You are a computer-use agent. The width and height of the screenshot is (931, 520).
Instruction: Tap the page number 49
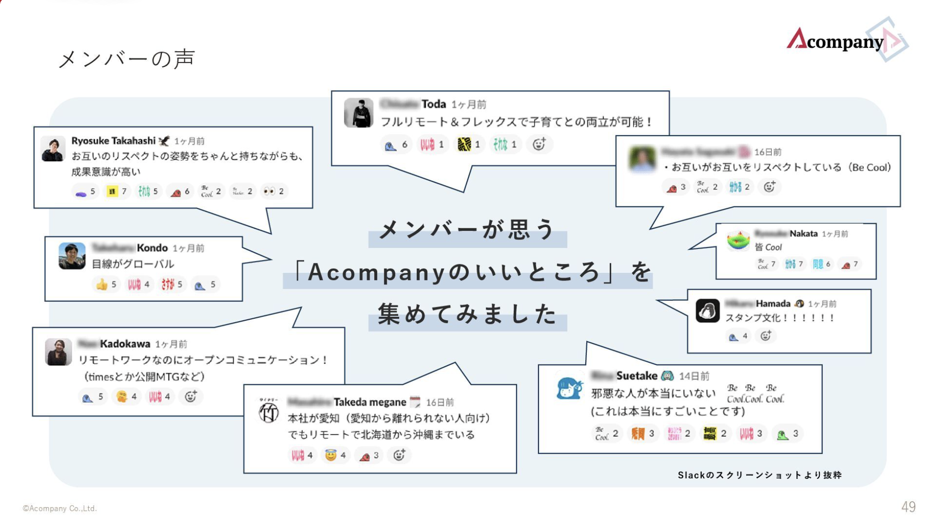click(908, 507)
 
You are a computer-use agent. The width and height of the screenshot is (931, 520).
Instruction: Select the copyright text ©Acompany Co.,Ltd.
click(60, 509)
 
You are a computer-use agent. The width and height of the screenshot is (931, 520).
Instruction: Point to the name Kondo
click(152, 248)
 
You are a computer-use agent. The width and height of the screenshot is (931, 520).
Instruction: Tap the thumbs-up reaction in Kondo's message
click(102, 285)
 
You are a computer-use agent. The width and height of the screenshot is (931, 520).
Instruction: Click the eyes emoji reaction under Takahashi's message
click(269, 192)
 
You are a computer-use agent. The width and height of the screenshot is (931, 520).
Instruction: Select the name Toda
click(434, 104)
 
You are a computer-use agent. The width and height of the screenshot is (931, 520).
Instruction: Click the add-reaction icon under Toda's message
click(539, 144)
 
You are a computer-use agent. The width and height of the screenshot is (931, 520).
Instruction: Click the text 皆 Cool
click(768, 247)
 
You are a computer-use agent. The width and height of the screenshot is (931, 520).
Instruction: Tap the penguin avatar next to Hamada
click(707, 311)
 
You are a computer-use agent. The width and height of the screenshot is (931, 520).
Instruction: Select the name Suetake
click(637, 376)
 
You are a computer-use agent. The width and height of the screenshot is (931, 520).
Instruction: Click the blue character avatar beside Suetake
click(569, 388)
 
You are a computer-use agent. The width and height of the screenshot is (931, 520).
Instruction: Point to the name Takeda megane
click(370, 402)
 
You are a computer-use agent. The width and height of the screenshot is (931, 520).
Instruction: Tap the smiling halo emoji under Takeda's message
click(330, 455)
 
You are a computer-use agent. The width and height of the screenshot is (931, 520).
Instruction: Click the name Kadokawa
click(125, 344)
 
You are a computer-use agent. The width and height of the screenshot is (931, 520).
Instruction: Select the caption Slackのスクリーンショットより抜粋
click(760, 475)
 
